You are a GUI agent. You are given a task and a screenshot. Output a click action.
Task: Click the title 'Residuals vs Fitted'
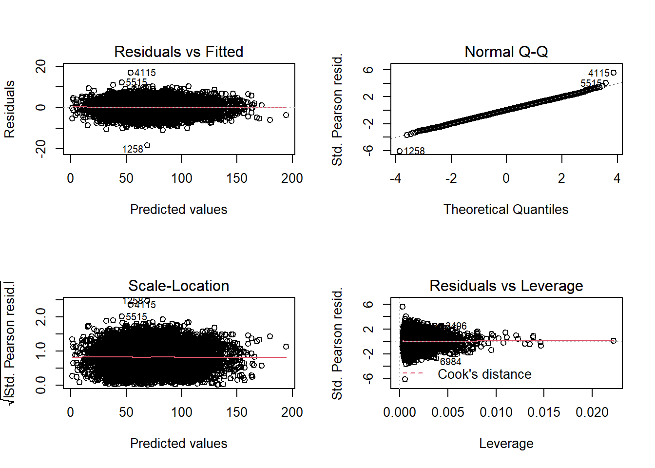[x=178, y=52]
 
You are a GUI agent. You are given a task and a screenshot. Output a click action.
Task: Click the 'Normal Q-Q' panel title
[x=506, y=52]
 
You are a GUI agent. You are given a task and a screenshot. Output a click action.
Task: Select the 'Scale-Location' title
[x=178, y=286]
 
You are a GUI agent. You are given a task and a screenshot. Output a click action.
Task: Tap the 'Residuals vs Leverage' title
[x=506, y=286]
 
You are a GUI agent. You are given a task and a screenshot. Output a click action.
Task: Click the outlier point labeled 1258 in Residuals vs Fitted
[x=147, y=145]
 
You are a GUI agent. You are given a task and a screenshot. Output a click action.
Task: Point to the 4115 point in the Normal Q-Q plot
[x=614, y=73]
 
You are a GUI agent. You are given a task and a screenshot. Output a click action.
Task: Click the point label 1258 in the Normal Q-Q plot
[x=414, y=151]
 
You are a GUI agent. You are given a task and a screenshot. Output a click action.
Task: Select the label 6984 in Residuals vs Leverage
[x=450, y=362]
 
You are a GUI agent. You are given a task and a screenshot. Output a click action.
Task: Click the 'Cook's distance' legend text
[x=484, y=374]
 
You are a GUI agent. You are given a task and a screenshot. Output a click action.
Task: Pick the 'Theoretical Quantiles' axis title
[x=506, y=210]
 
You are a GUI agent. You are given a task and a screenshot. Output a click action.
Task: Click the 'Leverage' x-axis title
[x=506, y=444]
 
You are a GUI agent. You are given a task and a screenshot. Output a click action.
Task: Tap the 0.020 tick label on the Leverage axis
[x=592, y=412]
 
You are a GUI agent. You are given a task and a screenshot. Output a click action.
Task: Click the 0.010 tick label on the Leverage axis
[x=496, y=412]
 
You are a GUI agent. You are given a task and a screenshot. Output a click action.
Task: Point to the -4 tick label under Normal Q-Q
[x=395, y=178]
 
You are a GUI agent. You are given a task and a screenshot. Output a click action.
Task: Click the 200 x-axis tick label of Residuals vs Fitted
[x=292, y=178]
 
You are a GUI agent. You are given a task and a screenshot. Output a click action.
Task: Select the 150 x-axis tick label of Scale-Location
[x=237, y=412]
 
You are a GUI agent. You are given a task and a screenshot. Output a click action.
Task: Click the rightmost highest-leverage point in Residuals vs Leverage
[x=614, y=341]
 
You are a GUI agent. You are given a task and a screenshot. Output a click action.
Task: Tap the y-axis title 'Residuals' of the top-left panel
[x=10, y=109]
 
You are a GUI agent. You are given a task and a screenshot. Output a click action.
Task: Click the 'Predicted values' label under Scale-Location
[x=178, y=444]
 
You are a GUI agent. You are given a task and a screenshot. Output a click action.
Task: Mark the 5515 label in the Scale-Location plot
[x=136, y=317]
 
